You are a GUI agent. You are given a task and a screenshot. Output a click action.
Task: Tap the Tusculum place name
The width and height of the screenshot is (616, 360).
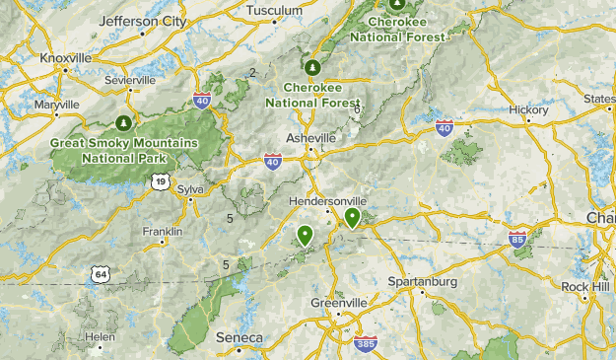[x=274, y=11]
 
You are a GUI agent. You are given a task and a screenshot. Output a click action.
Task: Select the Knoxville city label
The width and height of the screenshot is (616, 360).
[x=65, y=58]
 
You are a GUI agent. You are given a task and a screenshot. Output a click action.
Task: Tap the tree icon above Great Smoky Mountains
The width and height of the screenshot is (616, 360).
[x=124, y=123]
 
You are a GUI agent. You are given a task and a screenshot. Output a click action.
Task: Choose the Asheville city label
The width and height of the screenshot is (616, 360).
[x=310, y=138]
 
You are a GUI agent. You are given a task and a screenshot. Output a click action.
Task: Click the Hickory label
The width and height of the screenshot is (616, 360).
[x=529, y=109]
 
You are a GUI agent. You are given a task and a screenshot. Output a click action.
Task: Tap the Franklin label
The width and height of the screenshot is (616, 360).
[x=163, y=232]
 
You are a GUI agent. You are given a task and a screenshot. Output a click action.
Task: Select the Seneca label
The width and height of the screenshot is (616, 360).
[x=239, y=338]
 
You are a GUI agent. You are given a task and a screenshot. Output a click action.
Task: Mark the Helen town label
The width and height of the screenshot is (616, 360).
[x=100, y=336]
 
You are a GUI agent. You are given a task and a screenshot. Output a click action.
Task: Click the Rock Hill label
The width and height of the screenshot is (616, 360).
[x=586, y=286]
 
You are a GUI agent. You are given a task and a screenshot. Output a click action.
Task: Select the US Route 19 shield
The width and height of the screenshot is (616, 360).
[x=160, y=180]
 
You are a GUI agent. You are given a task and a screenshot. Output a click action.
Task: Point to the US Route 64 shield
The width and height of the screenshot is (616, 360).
[x=101, y=273]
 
